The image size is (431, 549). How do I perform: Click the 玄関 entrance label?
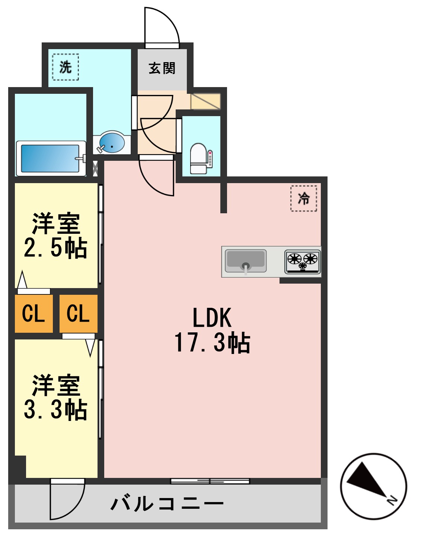pos(162,68)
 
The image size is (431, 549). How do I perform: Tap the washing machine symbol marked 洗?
pos(66,67)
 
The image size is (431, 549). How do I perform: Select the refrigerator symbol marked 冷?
pos(304,198)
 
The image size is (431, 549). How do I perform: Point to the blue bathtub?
pos(50,158)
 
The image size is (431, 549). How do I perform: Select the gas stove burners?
pos(302,261)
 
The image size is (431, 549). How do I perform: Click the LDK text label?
pos(212,318)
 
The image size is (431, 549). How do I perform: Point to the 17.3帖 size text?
pos(212,343)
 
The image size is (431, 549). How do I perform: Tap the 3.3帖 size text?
pos(56,410)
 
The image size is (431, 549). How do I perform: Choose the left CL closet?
pos(33,313)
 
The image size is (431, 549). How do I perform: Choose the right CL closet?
pos(78,313)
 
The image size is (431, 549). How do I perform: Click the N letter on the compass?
pos(392,500)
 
